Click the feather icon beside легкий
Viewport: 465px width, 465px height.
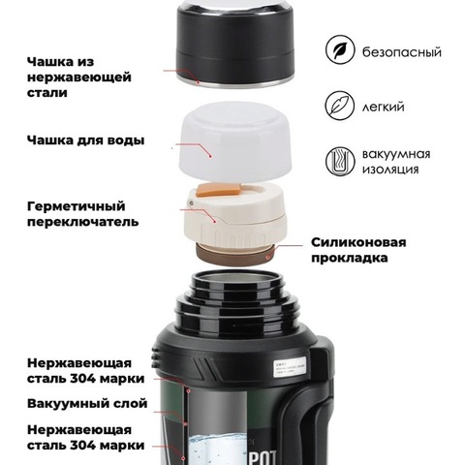pos(340,106)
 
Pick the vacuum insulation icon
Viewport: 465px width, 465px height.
pos(340,164)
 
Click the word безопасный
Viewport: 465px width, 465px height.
pos(407,50)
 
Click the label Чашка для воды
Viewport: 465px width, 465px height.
pos(85,140)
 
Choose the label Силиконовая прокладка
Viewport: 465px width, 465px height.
pos(358,250)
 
